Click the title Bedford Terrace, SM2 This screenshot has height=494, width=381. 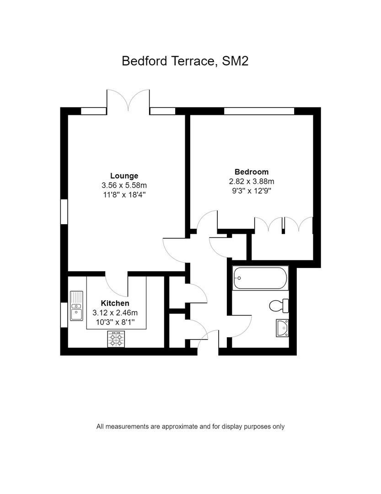[x=185, y=61]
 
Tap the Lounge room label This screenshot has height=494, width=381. [x=124, y=176]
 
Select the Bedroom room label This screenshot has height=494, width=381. [x=252, y=172]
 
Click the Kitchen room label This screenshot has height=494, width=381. [x=115, y=303]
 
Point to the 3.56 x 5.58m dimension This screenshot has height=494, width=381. [x=124, y=185]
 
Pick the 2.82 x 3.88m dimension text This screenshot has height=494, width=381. [x=252, y=182]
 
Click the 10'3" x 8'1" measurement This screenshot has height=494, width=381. [x=115, y=322]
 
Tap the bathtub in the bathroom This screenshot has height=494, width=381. [x=260, y=278]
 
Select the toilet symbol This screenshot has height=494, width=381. [x=279, y=306]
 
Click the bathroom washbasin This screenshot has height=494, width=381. [x=282, y=328]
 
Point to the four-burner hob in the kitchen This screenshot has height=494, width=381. [x=116, y=339]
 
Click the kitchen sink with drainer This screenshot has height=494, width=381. [x=76, y=306]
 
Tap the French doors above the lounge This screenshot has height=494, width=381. [x=128, y=100]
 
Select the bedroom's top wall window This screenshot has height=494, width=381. [x=259, y=111]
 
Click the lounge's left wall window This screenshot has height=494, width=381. [x=64, y=212]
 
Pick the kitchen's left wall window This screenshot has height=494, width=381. [x=64, y=315]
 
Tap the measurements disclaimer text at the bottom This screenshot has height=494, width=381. [x=190, y=427]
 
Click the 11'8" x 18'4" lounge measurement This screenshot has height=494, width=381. [x=124, y=195]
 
